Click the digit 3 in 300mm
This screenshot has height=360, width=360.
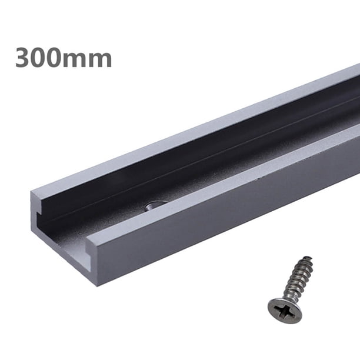(x=24, y=57)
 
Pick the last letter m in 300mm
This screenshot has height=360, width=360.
(x=101, y=59)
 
